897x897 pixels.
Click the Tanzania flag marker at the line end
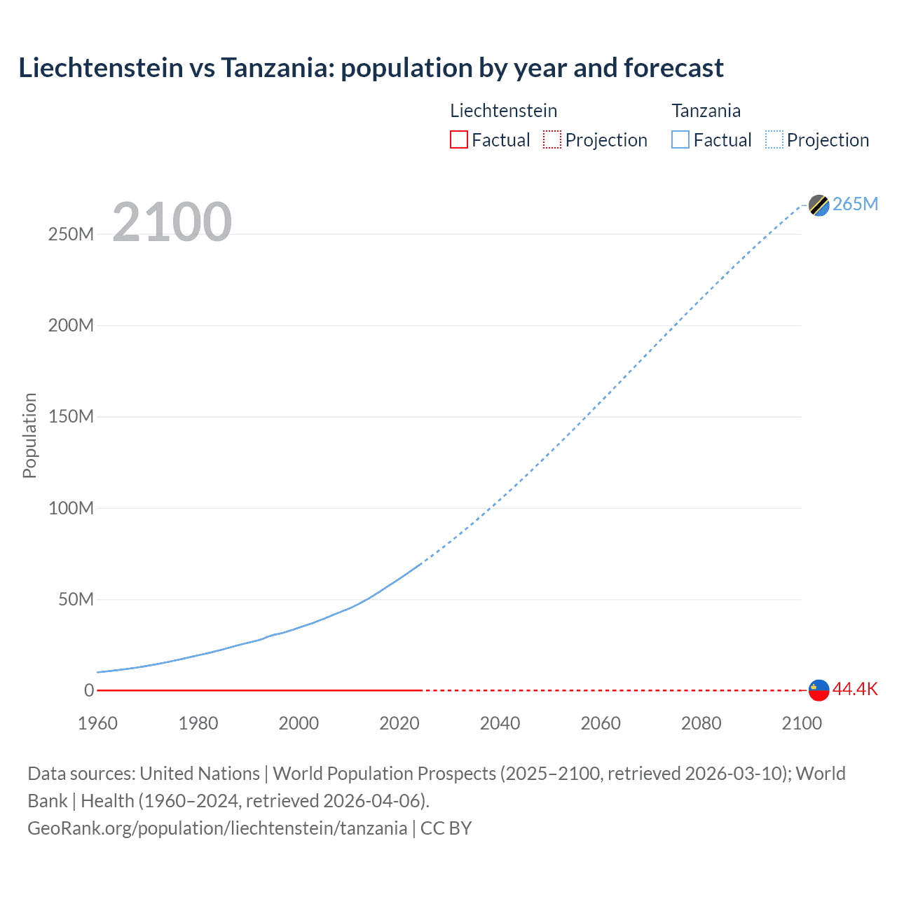point(819,205)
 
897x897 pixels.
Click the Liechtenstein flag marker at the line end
point(819,690)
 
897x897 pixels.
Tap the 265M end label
point(855,204)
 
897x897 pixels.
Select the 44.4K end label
point(855,689)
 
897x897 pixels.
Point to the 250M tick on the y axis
point(71,234)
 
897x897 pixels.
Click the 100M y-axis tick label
point(71,508)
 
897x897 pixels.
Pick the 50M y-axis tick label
point(76,599)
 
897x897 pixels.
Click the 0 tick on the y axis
point(89,690)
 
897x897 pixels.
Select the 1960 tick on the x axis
point(97,723)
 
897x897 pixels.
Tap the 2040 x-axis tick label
point(500,723)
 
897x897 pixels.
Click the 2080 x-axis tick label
point(701,723)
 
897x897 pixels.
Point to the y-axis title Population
point(29,435)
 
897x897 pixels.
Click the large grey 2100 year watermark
point(172,222)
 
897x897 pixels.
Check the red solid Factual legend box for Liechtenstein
point(458,139)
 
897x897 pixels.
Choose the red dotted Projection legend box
point(552,139)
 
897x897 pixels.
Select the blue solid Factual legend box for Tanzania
point(680,139)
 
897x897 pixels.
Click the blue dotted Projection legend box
point(774,139)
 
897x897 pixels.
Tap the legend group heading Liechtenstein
point(503,111)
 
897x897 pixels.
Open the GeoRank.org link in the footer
point(217,828)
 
